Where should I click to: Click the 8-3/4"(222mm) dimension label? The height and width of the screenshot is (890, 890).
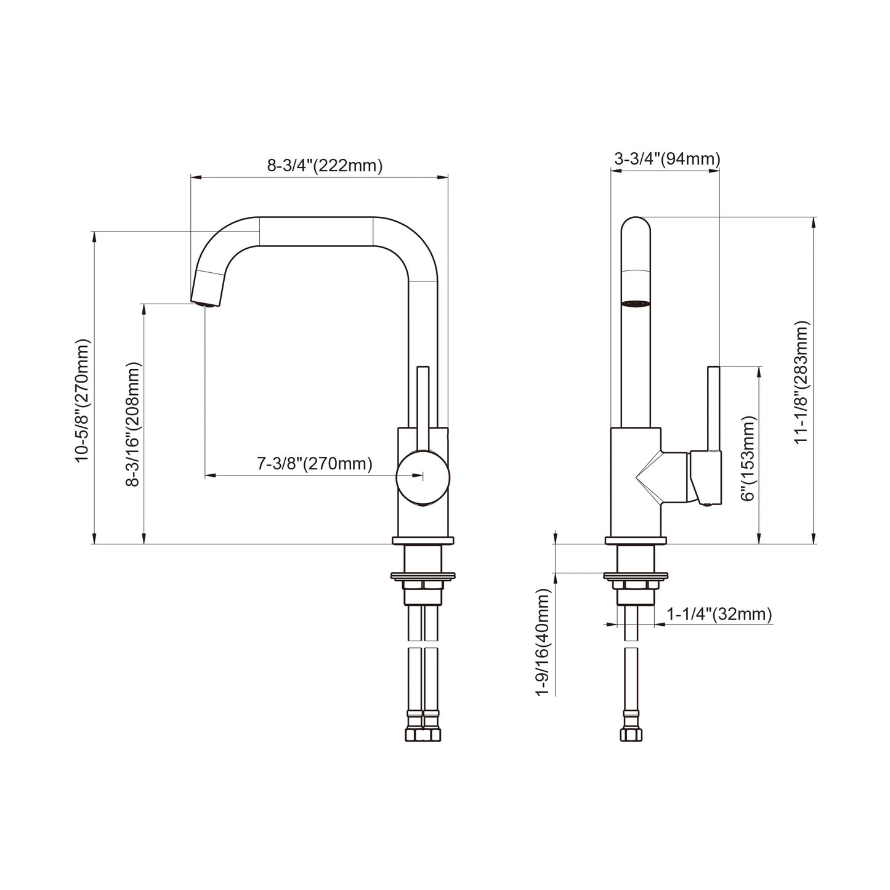click(325, 166)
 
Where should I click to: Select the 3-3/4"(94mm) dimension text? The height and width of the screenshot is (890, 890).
click(666, 160)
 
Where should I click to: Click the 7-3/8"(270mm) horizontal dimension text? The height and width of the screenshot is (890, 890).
click(314, 464)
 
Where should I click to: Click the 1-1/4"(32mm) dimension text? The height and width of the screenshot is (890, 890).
click(719, 614)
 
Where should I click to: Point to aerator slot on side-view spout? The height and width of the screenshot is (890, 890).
click(636, 303)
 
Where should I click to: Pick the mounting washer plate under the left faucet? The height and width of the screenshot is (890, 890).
click(423, 576)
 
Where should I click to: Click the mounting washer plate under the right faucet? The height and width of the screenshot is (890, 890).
click(636, 576)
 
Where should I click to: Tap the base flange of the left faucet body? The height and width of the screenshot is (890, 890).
click(423, 541)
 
